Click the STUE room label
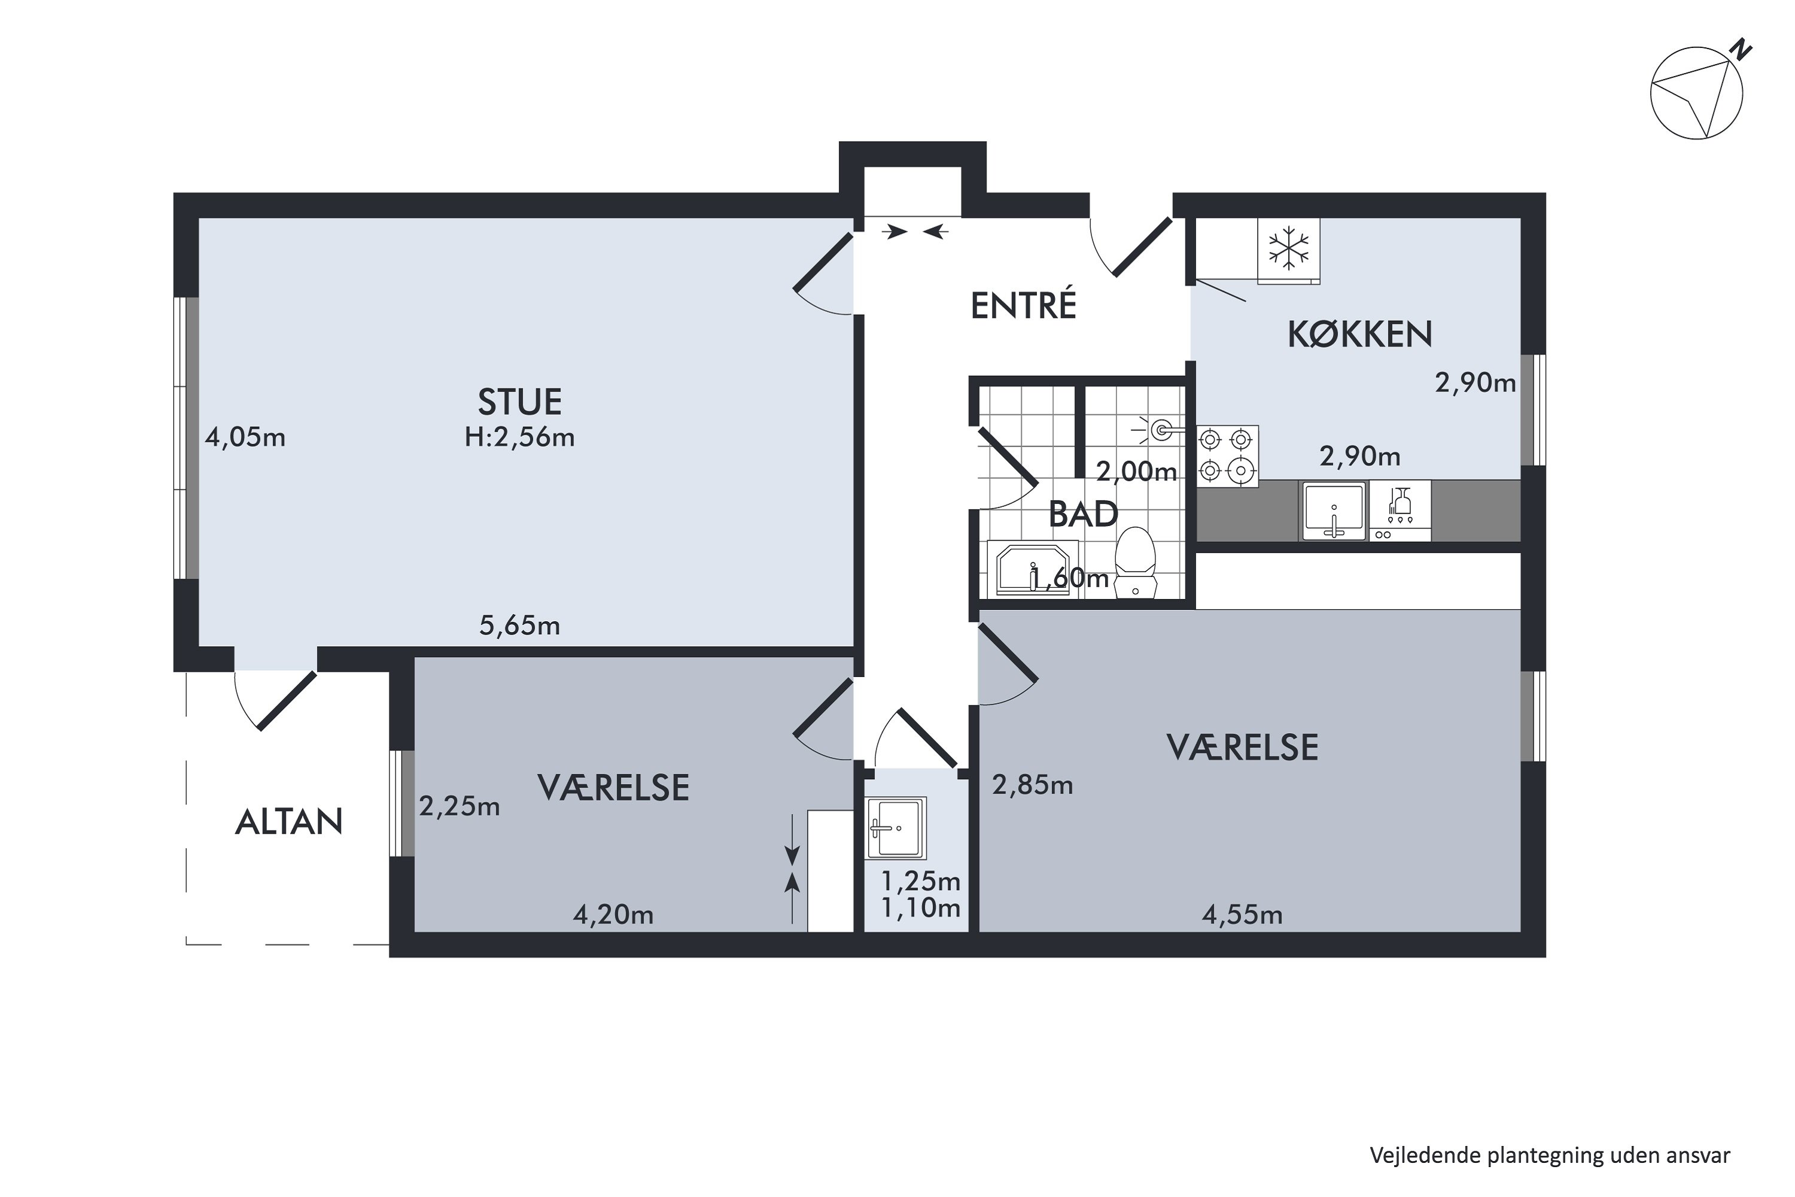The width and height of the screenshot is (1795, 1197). pos(520,402)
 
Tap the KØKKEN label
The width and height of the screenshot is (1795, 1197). pos(1359,335)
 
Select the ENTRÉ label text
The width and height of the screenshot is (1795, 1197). pos(1023,305)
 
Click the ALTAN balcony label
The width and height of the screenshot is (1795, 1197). pos(288,822)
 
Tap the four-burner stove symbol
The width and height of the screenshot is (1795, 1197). pos(1227,457)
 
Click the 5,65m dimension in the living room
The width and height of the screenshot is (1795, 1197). pos(520,626)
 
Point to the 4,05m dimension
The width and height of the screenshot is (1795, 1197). pos(245,438)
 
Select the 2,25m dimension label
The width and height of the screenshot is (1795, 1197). pos(459,806)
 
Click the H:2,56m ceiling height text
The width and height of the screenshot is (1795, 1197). pos(520,438)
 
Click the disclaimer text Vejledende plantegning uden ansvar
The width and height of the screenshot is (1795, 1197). pos(1549,1155)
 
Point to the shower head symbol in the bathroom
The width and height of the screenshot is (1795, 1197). pos(1161,430)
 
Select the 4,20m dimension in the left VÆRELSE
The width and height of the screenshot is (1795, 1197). pos(613,915)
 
